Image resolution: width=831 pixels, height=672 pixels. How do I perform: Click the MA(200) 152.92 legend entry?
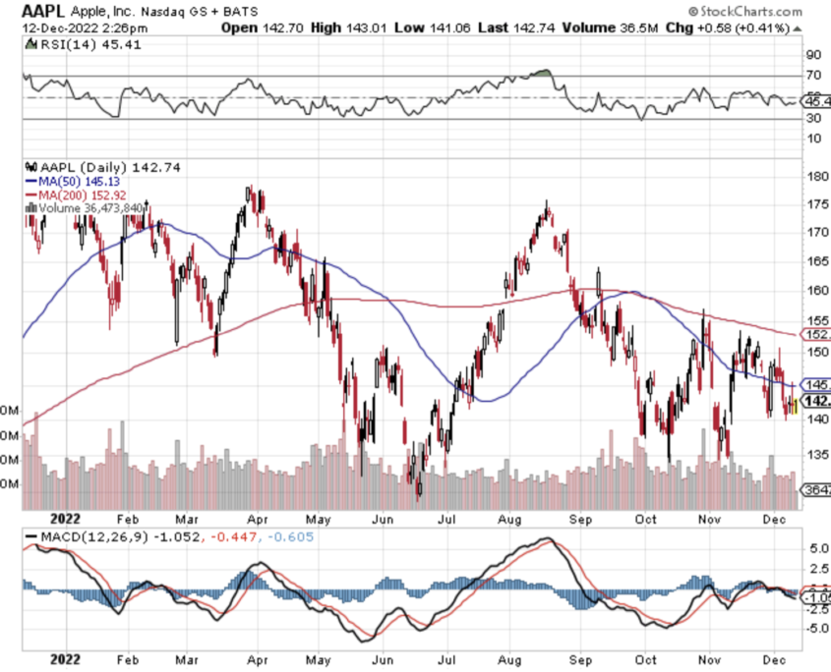click(x=87, y=196)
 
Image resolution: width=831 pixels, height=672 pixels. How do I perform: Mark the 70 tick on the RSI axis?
click(x=812, y=76)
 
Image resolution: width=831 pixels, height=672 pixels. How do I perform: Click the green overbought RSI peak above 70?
click(x=539, y=73)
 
